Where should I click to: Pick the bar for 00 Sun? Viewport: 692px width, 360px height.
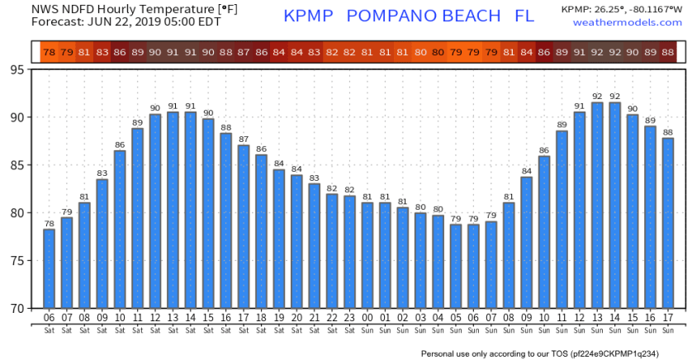tap(367, 255)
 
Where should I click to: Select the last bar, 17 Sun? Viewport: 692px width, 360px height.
tap(668, 223)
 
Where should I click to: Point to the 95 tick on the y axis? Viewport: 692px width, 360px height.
tap(17, 69)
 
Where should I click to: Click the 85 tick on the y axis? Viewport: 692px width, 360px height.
tap(17, 165)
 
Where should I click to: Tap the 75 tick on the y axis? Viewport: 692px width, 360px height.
tap(17, 261)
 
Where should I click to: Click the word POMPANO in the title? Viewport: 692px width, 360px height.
tap(397, 16)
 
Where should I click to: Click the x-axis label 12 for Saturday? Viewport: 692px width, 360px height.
tap(155, 318)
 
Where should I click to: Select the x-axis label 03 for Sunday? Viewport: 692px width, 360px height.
tap(420, 318)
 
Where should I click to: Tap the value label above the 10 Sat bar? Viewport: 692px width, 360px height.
tap(120, 144)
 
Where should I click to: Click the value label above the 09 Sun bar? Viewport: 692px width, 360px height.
tap(526, 171)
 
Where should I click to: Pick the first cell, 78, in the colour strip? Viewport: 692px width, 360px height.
tap(49, 53)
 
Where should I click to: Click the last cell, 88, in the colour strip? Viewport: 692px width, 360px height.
tap(668, 53)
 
